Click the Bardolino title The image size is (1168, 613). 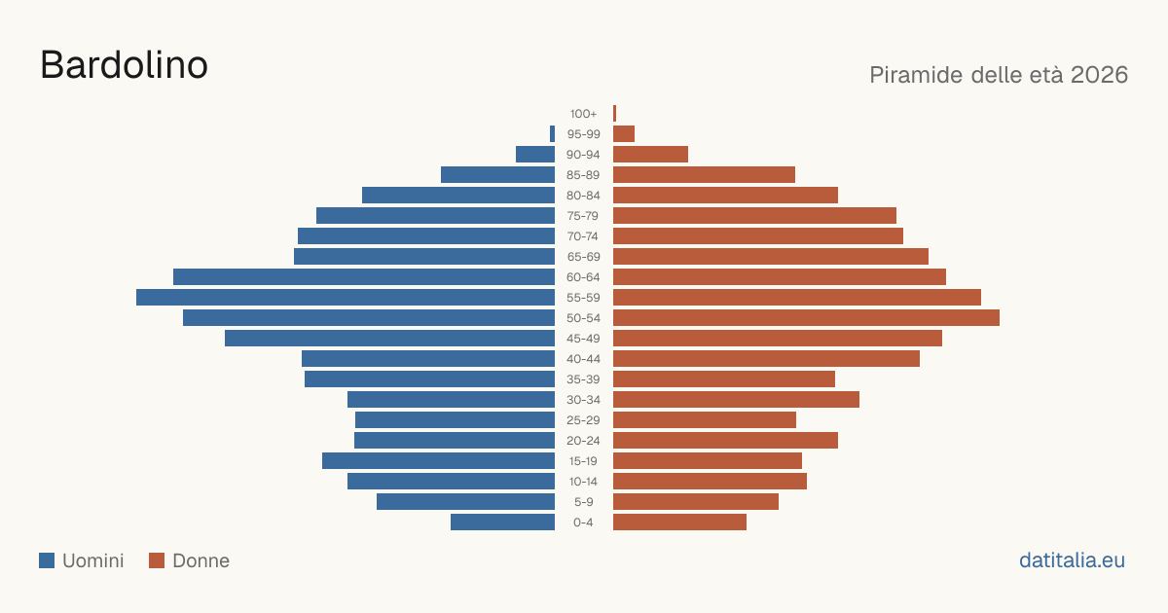[x=125, y=65]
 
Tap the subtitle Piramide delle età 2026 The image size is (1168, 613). [x=999, y=75]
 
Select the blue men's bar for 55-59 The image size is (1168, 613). [x=346, y=297]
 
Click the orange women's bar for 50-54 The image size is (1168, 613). [x=806, y=318]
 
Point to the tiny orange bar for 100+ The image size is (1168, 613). [x=615, y=114]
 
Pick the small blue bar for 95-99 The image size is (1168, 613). [x=552, y=134]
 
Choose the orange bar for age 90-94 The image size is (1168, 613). [x=651, y=155]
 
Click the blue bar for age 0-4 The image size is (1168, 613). [x=502, y=523]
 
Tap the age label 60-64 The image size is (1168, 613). [x=583, y=277]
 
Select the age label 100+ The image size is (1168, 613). [x=583, y=114]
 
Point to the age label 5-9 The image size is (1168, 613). [x=583, y=502]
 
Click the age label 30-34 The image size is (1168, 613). [x=583, y=400]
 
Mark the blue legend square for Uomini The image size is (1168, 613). [x=47, y=560]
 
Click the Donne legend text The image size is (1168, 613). [x=201, y=560]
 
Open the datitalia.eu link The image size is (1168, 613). [x=1072, y=560]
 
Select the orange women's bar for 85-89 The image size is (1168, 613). [x=704, y=174]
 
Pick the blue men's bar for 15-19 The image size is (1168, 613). [x=439, y=461]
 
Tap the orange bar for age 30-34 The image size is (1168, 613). [x=736, y=400]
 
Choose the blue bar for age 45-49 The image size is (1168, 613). [x=389, y=339]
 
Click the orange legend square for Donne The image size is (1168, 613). [x=157, y=560]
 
